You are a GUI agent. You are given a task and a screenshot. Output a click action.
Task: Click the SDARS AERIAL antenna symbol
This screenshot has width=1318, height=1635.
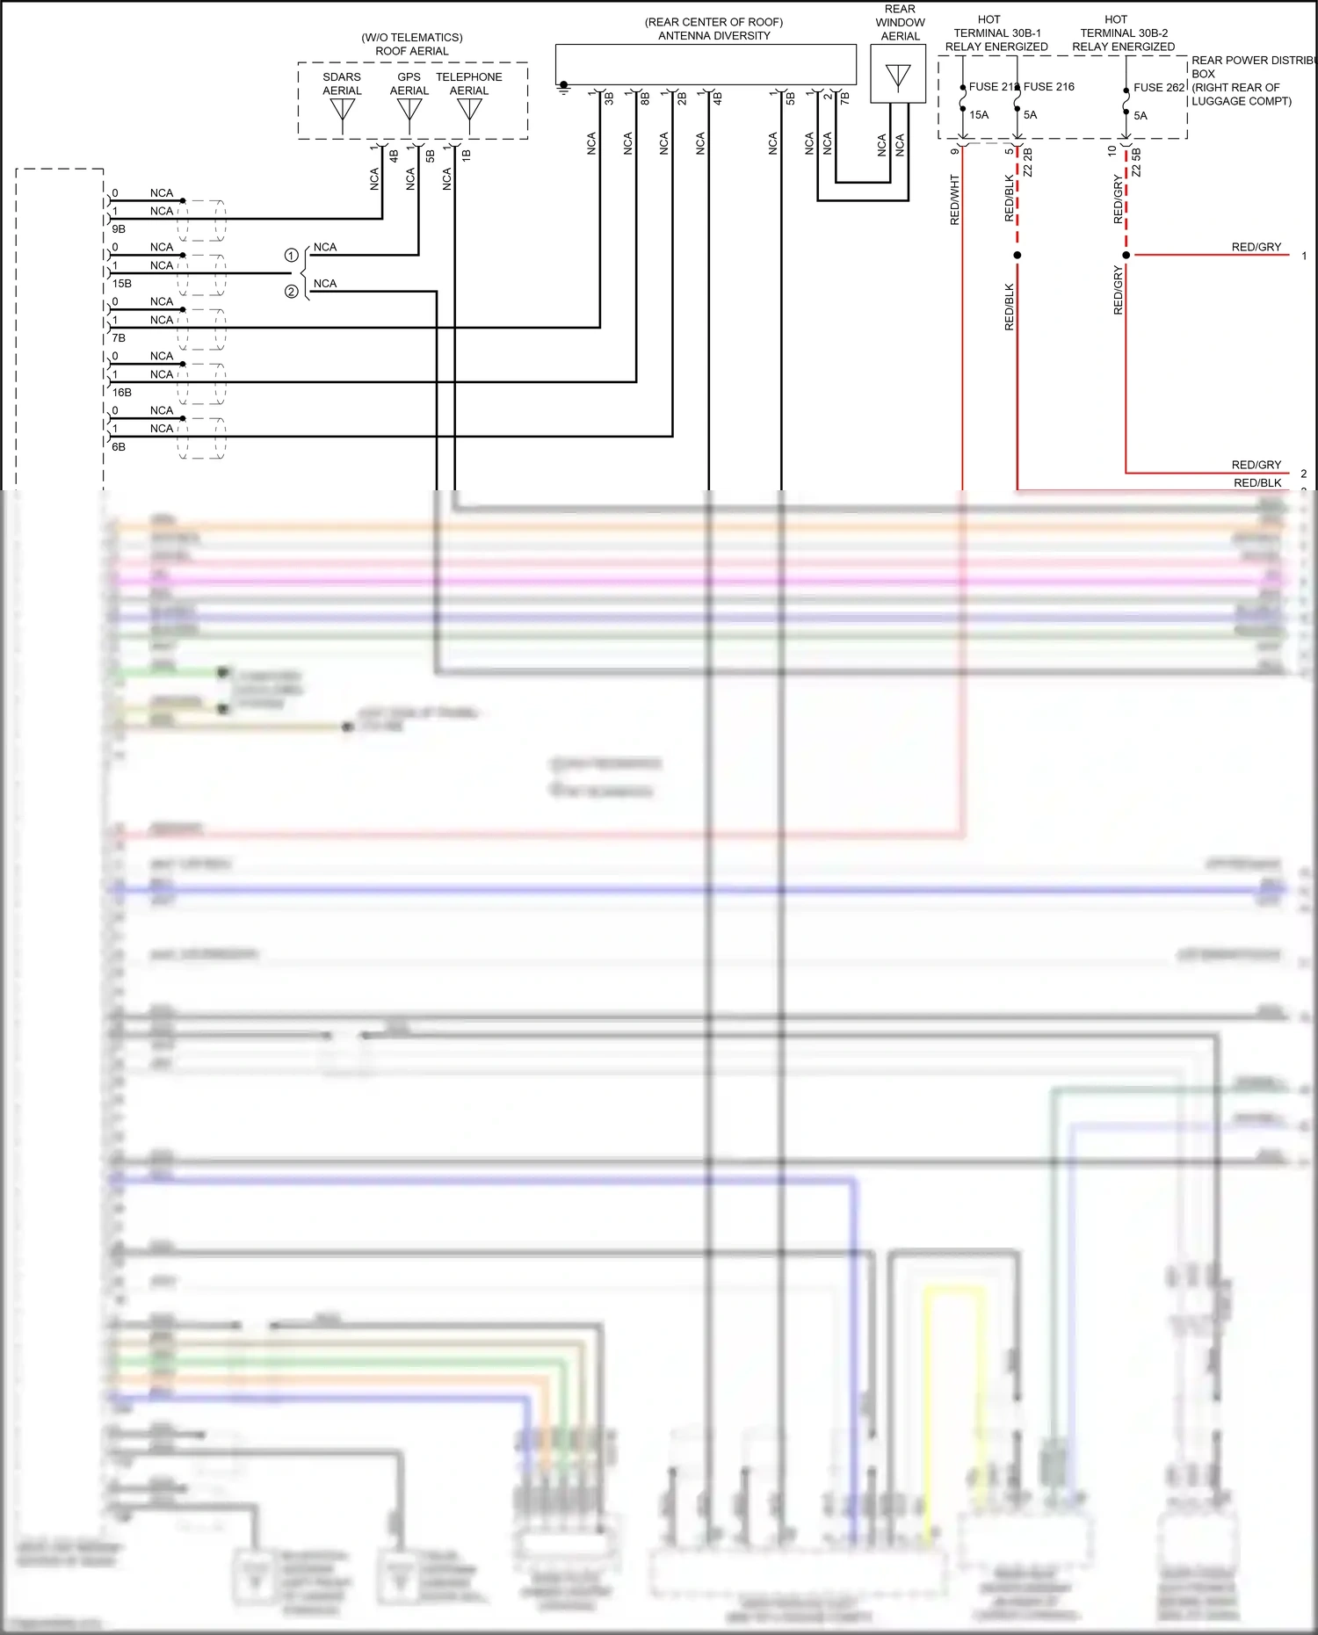coord(342,112)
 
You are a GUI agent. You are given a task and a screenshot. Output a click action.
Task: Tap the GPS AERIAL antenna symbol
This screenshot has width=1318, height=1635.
coord(409,112)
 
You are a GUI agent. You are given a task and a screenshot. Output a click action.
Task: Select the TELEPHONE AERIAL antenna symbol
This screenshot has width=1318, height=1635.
coord(469,112)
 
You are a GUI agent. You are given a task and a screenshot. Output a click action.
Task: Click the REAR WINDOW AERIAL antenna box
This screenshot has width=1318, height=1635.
coord(898,75)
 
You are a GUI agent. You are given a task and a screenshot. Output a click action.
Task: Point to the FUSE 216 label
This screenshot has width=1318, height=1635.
coord(1049,87)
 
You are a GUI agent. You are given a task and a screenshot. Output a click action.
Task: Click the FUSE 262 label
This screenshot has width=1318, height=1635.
coord(1159,88)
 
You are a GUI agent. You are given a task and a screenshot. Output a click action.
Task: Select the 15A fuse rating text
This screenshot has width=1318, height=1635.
coord(979,115)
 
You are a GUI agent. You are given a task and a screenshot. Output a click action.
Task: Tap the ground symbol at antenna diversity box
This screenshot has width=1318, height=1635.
coord(564,87)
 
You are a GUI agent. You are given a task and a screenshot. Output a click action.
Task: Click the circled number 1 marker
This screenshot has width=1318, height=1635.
coord(291,256)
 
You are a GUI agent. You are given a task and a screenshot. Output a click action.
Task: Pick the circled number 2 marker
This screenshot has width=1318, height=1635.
coord(291,292)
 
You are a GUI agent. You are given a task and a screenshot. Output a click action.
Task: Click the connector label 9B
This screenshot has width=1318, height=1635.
coord(119,229)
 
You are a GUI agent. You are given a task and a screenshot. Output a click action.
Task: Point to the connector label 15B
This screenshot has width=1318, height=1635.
coord(122,284)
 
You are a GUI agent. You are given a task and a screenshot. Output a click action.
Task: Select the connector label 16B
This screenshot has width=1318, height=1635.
coord(122,393)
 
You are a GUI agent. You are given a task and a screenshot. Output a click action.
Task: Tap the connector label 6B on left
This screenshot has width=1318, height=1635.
coord(119,447)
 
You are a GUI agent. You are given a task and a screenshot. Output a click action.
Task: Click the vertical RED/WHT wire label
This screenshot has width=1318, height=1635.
coord(955,199)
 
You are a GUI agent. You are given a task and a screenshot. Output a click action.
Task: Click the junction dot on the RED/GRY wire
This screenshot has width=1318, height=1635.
coord(1126,255)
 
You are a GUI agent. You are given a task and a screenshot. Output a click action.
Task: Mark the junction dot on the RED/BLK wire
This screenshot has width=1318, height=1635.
coord(1017,255)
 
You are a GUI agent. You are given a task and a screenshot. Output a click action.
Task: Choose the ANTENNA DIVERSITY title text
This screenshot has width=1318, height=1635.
coord(714,36)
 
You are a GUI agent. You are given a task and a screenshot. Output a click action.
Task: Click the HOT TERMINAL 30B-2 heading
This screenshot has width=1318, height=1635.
coord(1123,33)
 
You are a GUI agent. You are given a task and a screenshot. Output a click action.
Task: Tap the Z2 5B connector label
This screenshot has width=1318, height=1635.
coord(1136,163)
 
